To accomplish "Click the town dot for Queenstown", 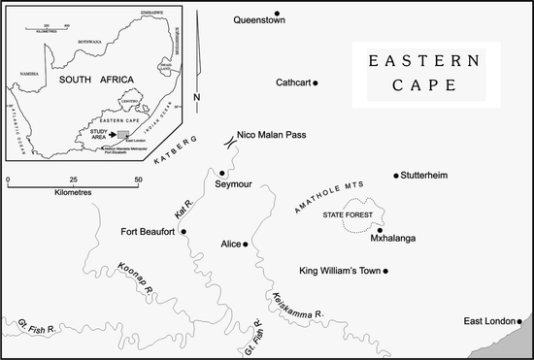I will pos(278,14).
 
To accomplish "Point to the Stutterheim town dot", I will pos(396,176).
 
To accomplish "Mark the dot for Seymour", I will pos(222,173).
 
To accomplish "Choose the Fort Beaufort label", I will pos(148,231).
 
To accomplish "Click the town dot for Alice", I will pos(247,244).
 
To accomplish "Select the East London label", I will pos(487,321).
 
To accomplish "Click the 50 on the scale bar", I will pos(138,180).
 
